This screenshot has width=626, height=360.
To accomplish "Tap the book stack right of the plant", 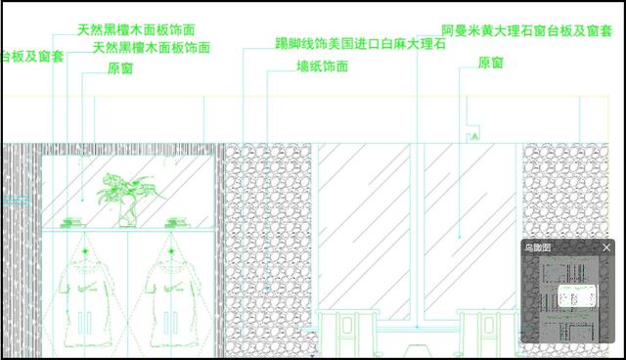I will pyautogui.click(x=177, y=221).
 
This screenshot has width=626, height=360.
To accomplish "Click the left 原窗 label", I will pyautogui.click(x=120, y=68).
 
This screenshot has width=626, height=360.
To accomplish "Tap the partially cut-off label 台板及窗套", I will pyautogui.click(x=32, y=57).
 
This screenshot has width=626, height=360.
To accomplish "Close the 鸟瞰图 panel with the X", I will pyautogui.click(x=606, y=248).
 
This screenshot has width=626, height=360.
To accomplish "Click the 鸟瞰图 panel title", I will pyautogui.click(x=538, y=248).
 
